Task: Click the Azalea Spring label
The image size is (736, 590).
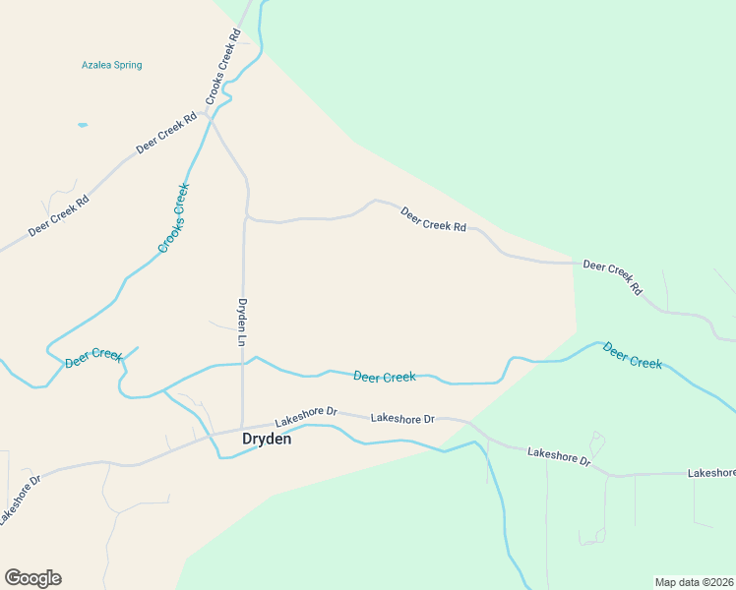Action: [x=111, y=66]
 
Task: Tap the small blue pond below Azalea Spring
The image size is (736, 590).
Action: [x=83, y=125]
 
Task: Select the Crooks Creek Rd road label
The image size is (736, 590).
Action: [x=223, y=67]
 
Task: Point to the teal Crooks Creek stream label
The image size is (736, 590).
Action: [x=173, y=217]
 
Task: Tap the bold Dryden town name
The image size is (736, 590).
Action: [x=267, y=440]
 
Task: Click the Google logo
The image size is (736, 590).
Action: [x=32, y=578]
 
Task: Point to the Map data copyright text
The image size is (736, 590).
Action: [x=694, y=582]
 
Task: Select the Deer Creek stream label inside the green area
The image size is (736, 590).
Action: [x=632, y=355]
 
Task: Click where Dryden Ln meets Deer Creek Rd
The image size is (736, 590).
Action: [x=246, y=217]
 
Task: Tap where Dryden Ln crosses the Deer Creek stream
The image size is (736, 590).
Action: [x=243, y=363]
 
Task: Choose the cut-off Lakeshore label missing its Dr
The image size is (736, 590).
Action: [x=710, y=473]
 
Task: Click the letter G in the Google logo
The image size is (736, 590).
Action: [x=14, y=577]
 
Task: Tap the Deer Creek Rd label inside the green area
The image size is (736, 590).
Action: [x=612, y=276]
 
